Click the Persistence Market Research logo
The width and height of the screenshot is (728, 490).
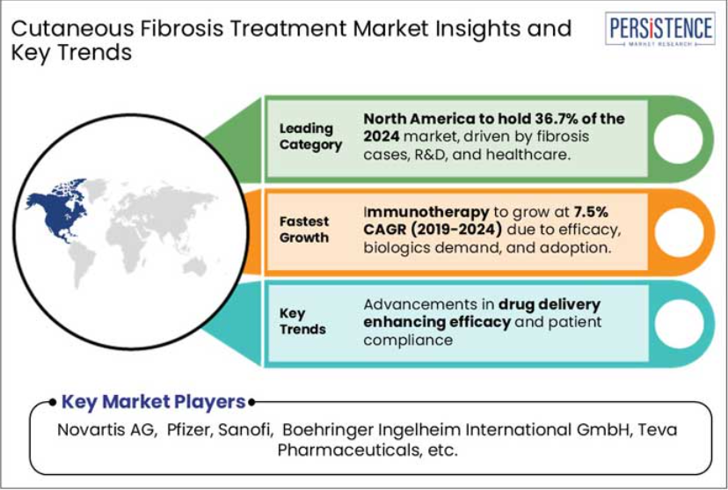pos(659,29)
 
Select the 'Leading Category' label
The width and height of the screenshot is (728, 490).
pos(310,136)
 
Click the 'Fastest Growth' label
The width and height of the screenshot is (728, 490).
pos(304,230)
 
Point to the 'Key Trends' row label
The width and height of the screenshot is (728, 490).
pos(302,321)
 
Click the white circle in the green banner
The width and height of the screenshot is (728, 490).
pos(678,139)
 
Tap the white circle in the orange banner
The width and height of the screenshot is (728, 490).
pos(679,232)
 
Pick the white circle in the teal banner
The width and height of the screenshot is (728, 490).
pos(680,324)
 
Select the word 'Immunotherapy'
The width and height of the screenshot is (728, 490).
pos(426,212)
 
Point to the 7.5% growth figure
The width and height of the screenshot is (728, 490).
pos(591,212)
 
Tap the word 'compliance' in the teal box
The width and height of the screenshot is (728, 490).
pos(408,340)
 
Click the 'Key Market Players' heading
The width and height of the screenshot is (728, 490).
pos(153,402)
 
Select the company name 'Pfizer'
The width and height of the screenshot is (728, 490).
pos(189,429)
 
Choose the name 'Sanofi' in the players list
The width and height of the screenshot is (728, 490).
pos(244,429)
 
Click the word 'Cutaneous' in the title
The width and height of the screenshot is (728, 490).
pos(72,29)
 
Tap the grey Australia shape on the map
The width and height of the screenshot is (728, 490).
pos(195,267)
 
